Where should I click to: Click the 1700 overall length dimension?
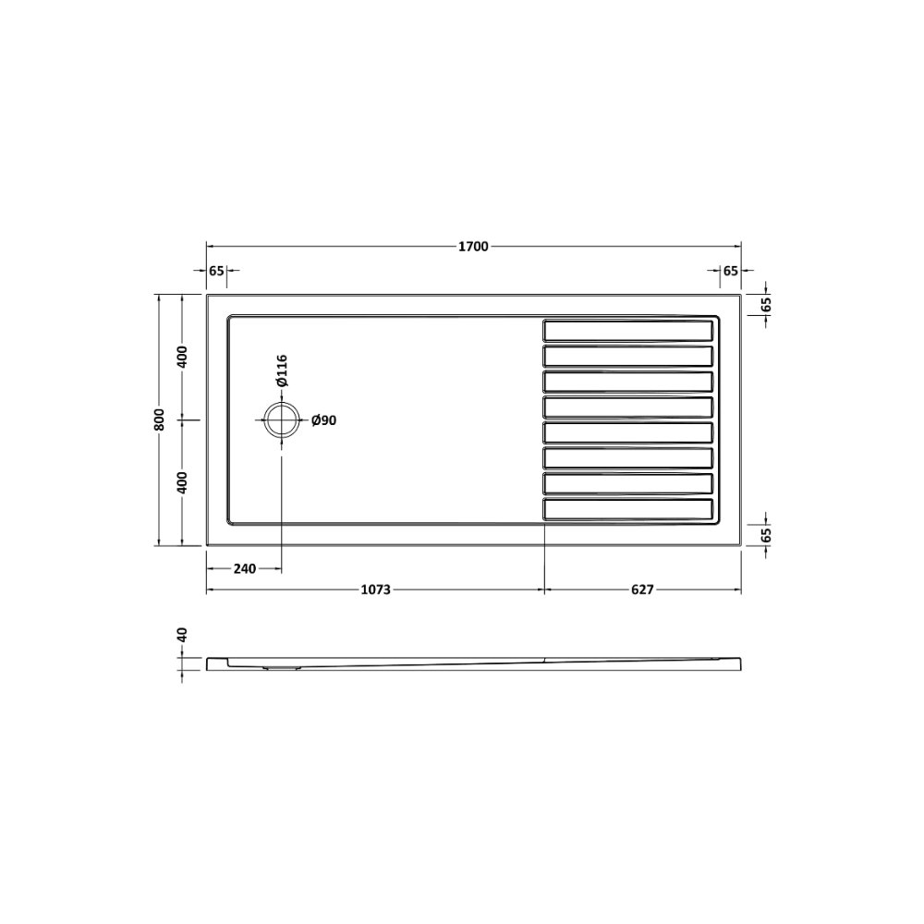(x=472, y=247)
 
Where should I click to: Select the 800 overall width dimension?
(x=159, y=420)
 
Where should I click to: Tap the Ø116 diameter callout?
(x=282, y=371)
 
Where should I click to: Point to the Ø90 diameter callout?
(x=323, y=421)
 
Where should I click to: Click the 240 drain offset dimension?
(x=244, y=568)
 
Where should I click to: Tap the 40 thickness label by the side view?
(x=182, y=636)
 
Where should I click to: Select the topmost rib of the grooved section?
(x=628, y=330)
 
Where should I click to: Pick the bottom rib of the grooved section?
(x=628, y=509)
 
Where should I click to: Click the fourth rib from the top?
(x=628, y=407)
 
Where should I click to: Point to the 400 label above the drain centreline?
(x=182, y=357)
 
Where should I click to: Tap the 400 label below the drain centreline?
(x=182, y=482)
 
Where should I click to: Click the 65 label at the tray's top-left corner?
(x=216, y=271)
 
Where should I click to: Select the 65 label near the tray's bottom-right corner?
(x=766, y=533)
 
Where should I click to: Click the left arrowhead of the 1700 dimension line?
(x=209, y=247)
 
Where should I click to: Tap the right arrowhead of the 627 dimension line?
(x=737, y=590)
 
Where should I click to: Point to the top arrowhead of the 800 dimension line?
(x=159, y=298)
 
